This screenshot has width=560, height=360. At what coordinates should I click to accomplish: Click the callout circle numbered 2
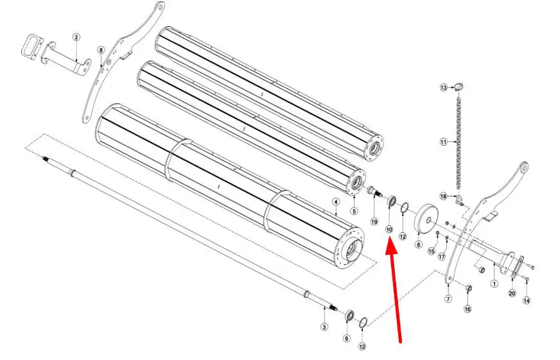[76, 37]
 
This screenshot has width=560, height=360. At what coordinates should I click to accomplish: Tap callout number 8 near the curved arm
[101, 50]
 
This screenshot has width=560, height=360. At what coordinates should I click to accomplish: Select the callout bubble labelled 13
[444, 87]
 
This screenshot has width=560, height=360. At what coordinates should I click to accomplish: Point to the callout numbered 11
[443, 142]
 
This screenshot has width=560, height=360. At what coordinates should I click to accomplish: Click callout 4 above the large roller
[335, 202]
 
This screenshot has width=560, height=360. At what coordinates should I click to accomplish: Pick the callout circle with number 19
[374, 222]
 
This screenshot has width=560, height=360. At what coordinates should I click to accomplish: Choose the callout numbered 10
[389, 230]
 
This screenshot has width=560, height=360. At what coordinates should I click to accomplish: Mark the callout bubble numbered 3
[324, 327]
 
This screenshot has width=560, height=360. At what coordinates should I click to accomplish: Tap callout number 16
[468, 309]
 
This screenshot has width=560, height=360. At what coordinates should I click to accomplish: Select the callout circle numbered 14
[527, 301]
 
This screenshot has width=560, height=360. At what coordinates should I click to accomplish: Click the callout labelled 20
[512, 293]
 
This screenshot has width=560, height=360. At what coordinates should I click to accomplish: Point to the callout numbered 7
[448, 299]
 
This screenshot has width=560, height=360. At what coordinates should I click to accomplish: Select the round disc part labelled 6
[425, 219]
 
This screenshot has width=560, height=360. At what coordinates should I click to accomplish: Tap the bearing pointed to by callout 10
[392, 201]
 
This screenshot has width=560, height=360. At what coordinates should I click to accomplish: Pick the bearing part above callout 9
[349, 316]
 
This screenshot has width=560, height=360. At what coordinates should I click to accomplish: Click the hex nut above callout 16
[469, 287]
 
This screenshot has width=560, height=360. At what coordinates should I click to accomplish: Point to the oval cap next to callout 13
[459, 87]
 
